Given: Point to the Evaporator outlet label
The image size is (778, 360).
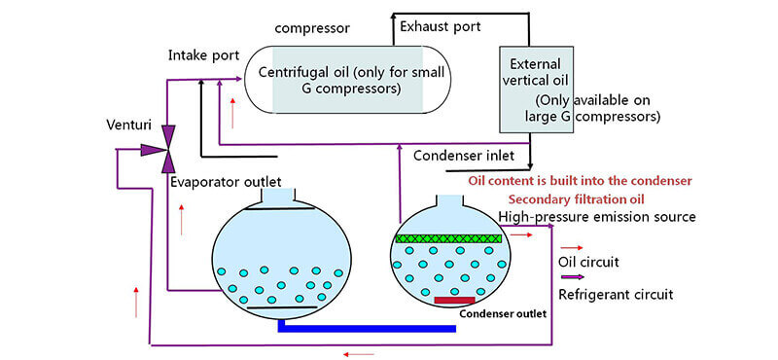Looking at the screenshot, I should [226, 182].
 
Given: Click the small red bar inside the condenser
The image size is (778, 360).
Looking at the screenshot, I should [454, 300].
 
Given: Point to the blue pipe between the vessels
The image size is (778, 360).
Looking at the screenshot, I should [367, 328].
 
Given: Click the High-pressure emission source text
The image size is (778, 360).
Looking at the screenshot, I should [596, 216].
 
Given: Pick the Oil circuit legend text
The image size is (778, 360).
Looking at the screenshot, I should [589, 263].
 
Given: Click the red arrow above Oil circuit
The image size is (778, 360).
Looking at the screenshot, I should [572, 247].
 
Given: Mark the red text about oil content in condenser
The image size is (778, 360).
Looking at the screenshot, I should [580, 181].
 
